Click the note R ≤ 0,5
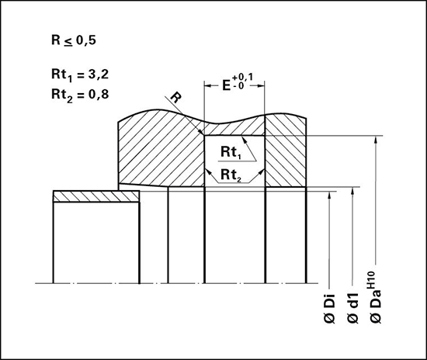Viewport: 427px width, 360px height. pyautogui.click(x=74, y=41)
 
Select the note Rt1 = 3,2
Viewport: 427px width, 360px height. pyautogui.click(x=80, y=75)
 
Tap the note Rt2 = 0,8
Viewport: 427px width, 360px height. pyautogui.click(x=80, y=95)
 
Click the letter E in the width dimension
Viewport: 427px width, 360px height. pyautogui.click(x=227, y=85)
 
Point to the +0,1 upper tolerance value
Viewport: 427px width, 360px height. pyautogui.click(x=242, y=78)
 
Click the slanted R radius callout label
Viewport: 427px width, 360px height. pyautogui.click(x=176, y=98)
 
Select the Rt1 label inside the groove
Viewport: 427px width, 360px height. pyautogui.click(x=231, y=152)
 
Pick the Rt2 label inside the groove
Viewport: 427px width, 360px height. pyautogui.click(x=231, y=175)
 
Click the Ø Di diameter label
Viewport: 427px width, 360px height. pyautogui.click(x=330, y=309)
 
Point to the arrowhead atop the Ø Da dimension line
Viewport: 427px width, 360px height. pyautogui.click(x=376, y=140)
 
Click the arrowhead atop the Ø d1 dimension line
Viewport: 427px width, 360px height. pyautogui.click(x=352, y=192)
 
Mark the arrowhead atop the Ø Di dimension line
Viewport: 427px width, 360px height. pyautogui.click(x=330, y=196)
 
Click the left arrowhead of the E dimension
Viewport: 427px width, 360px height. pyautogui.click(x=208, y=85)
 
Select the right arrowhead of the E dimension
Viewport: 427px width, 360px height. pyautogui.click(x=261, y=85)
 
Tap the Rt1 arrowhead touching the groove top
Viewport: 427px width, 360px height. pyautogui.click(x=245, y=140)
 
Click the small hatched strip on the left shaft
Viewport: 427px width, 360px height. pyautogui.click(x=96, y=196)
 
